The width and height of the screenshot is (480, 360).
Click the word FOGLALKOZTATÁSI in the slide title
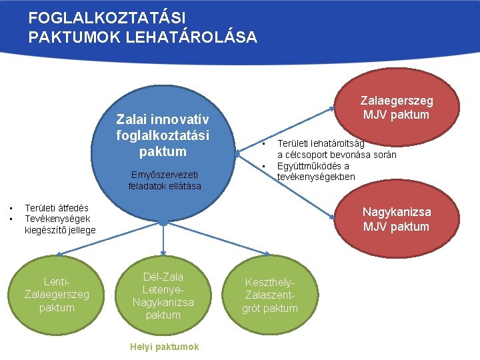pos(107,18)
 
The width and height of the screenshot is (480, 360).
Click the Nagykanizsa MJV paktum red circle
pos(396,219)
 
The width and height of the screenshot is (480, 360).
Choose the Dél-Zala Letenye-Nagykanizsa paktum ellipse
pos(163,295)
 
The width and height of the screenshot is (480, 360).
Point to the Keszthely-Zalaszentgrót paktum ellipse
pos(269,295)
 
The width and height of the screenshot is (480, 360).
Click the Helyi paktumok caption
pos(164,347)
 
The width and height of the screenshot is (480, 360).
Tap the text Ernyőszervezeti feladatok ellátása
pos(165,180)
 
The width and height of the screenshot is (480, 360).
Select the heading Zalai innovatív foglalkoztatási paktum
pos(163,135)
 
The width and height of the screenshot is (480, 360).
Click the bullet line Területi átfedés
pos(56,208)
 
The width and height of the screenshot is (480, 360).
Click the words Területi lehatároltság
pos(321,143)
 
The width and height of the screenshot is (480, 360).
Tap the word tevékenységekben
pos(316,177)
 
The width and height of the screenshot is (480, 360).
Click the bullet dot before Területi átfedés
pos(11,208)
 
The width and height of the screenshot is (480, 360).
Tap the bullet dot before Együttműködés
pos(264,166)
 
